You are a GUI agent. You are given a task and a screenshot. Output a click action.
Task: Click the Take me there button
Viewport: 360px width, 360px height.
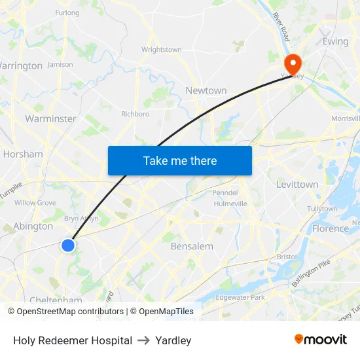pyautogui.click(x=180, y=160)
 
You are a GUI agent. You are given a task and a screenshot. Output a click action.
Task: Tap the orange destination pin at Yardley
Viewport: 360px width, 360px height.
pyautogui.click(x=291, y=63)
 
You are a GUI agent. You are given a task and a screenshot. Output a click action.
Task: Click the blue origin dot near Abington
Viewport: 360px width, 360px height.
pyautogui.click(x=68, y=245)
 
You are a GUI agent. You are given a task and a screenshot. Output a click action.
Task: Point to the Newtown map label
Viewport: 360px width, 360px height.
pyautogui.click(x=206, y=91)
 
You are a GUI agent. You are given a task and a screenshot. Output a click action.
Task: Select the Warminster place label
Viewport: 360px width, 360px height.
pyautogui.click(x=50, y=118)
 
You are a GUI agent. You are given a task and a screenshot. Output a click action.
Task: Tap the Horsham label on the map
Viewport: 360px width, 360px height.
pyautogui.click(x=23, y=154)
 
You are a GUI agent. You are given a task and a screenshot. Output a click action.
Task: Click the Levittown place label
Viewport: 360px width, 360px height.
pyautogui.click(x=297, y=185)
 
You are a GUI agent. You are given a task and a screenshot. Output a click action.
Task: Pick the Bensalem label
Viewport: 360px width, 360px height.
pyautogui.click(x=192, y=246)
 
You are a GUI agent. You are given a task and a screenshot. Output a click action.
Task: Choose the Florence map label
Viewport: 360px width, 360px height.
pyautogui.click(x=331, y=228)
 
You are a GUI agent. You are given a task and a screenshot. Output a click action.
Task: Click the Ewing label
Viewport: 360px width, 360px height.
pyautogui.click(x=335, y=41)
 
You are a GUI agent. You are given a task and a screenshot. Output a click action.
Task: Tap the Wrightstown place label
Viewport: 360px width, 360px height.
pyautogui.click(x=162, y=50)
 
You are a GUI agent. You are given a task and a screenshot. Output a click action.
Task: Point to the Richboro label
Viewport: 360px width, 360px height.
pyautogui.click(x=135, y=114)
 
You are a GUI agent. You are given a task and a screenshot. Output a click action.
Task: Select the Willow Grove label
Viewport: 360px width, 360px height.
pyautogui.click(x=35, y=203)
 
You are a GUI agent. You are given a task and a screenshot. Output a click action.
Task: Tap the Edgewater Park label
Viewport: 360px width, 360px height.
pyautogui.click(x=240, y=297)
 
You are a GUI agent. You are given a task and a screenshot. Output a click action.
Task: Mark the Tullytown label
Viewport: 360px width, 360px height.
pyautogui.click(x=322, y=209)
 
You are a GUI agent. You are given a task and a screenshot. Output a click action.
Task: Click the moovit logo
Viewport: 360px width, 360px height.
pyautogui.click(x=321, y=340)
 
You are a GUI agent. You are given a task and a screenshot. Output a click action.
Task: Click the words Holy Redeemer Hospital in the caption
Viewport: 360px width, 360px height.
pyautogui.click(x=73, y=340)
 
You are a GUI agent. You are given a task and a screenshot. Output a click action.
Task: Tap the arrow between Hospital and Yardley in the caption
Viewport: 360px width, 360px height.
pyautogui.click(x=143, y=340)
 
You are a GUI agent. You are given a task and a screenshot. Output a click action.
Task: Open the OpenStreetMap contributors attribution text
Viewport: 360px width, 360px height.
pyautogui.click(x=69, y=312)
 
